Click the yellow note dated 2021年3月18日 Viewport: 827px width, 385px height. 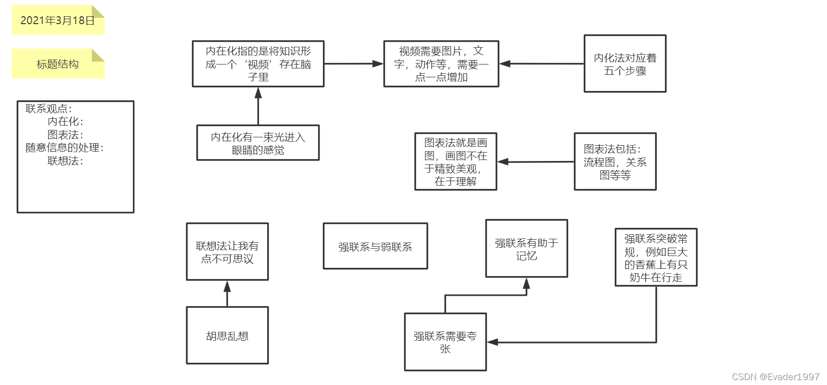click(x=58, y=21)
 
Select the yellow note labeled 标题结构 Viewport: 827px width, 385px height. click(x=58, y=64)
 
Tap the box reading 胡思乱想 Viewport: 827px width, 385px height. click(x=227, y=336)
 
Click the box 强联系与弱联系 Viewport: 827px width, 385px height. click(x=375, y=247)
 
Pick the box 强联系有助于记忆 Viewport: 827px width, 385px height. click(x=526, y=249)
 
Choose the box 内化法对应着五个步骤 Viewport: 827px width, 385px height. click(x=625, y=64)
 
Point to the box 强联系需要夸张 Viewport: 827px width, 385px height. click(x=445, y=342)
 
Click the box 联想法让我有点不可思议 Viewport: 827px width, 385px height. click(x=227, y=252)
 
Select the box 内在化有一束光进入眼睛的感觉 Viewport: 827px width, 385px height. click(x=257, y=143)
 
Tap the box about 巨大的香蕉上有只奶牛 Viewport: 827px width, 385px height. click(x=656, y=257)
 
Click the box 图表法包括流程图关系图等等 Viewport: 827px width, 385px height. click(x=615, y=161)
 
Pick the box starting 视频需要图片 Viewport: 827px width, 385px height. click(x=441, y=64)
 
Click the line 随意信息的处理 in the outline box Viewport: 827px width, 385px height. click(x=64, y=148)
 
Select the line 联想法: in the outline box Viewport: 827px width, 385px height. click(x=65, y=160)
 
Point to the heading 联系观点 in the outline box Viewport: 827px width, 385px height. click(x=48, y=109)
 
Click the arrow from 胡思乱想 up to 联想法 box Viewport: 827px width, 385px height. click(x=227, y=294)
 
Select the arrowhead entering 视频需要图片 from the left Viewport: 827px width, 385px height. click(x=378, y=64)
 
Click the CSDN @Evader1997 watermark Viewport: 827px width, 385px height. click(x=775, y=377)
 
